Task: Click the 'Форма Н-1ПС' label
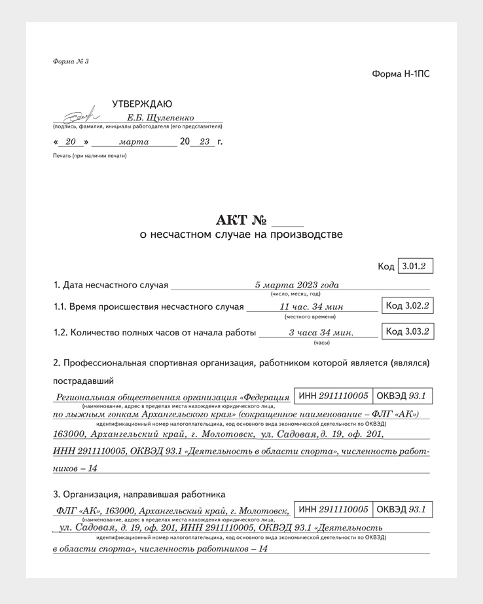[x=401, y=74]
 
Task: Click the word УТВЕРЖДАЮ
[x=142, y=104]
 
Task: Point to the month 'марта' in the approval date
[x=134, y=142]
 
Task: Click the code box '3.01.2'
[x=415, y=267]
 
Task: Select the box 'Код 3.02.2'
[x=407, y=306]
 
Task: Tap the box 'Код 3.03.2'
[x=407, y=331]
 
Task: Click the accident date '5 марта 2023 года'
[x=296, y=285]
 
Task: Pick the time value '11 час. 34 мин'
[x=311, y=307]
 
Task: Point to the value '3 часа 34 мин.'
[x=321, y=333]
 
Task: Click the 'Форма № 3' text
[x=70, y=61]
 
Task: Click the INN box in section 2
[x=333, y=396]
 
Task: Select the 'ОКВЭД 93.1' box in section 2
[x=402, y=396]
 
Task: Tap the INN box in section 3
[x=333, y=510]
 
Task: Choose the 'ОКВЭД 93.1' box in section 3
[x=402, y=510]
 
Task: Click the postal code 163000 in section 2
[x=70, y=434]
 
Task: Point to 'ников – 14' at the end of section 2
[x=75, y=468]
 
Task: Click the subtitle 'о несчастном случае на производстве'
[x=241, y=235]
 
